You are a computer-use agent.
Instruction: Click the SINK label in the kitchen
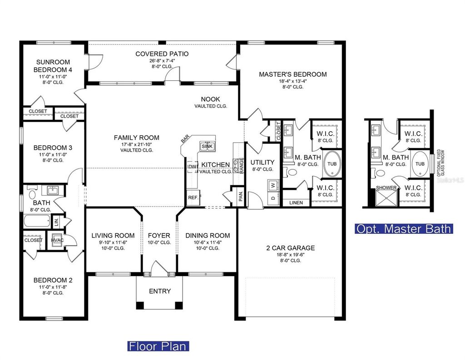tap(207, 146)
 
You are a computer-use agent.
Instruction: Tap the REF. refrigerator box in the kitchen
tap(193, 198)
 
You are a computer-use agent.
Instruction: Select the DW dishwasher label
tap(192, 167)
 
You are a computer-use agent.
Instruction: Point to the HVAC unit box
tap(57, 241)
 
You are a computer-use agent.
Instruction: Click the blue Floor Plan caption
tap(158, 346)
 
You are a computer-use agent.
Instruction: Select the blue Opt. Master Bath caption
tap(403, 228)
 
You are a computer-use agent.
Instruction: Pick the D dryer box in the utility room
tap(273, 198)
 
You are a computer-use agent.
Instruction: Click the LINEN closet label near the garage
tap(297, 202)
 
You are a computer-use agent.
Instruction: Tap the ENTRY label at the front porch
tap(160, 291)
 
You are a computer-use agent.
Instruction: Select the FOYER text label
tap(159, 236)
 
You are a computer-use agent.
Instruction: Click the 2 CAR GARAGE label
tap(290, 248)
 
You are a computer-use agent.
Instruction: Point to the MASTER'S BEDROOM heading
tap(292, 74)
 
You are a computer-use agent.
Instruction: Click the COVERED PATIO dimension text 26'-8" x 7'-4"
tap(162, 61)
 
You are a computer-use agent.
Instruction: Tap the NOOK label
tap(210, 99)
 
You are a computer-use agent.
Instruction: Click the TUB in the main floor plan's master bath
tap(332, 164)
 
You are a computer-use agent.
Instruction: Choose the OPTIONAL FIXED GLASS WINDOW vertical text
tap(439, 163)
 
